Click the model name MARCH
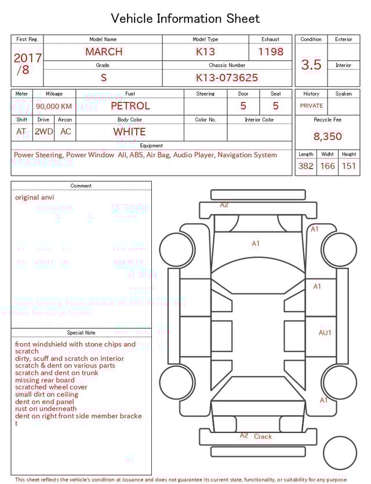coord(104,52)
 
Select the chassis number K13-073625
coord(227,78)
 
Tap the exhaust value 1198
coord(271,52)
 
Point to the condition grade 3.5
coord(311,65)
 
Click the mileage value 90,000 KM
coord(54,106)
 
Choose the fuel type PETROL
coord(130,106)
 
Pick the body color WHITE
coord(129,132)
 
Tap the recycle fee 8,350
coord(328,136)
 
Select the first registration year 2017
coord(27,58)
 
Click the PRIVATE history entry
coord(311,106)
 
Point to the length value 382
coord(305,166)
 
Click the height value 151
coord(348,166)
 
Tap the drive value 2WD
coord(43,132)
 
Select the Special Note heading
coord(81,333)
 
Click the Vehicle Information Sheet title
coord(185,19)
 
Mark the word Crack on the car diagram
coord(263,436)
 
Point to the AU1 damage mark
coord(325,333)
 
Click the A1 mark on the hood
coord(255,243)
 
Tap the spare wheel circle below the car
coord(340,453)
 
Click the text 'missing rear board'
coord(45,380)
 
